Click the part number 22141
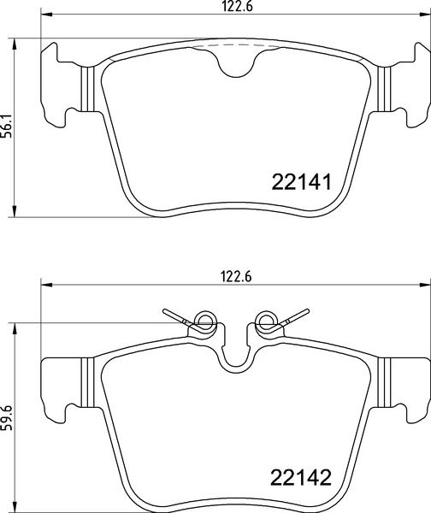click(x=300, y=181)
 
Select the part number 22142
click(x=300, y=475)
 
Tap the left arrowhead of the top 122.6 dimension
click(x=44, y=15)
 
